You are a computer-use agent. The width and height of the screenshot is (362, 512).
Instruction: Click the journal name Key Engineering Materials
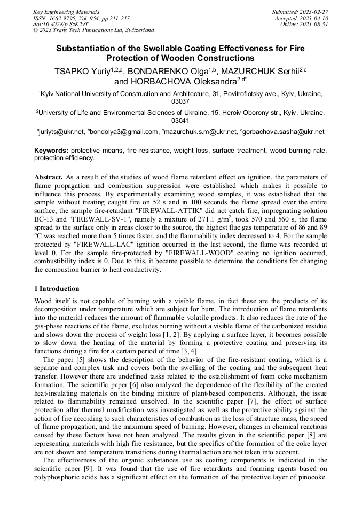point(66,12)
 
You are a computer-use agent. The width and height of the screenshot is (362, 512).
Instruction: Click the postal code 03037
point(180,101)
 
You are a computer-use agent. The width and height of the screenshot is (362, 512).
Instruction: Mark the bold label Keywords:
point(51,151)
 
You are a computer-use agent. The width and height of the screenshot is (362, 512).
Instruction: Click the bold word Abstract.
point(48,177)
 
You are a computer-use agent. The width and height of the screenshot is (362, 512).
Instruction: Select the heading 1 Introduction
point(56,289)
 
